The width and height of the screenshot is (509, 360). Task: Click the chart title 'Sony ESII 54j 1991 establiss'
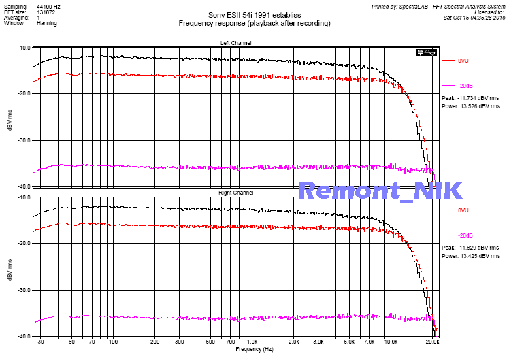coord(254,14)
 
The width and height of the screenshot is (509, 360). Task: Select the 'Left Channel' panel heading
coord(235,43)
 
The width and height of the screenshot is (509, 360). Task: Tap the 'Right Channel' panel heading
coord(235,193)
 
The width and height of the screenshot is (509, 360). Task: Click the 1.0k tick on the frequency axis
coord(251,341)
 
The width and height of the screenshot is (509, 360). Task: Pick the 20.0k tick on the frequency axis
coord(432,341)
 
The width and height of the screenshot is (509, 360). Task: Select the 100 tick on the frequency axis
coord(113,341)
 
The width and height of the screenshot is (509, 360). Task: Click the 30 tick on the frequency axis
coord(41,341)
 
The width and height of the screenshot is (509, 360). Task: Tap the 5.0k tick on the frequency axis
coord(348,341)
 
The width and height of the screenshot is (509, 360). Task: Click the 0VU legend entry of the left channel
coord(463,61)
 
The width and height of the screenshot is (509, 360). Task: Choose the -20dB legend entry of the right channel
coord(465,235)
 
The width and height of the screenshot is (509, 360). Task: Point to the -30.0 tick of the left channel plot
coord(22,140)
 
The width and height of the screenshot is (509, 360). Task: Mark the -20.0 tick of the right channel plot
coord(22,243)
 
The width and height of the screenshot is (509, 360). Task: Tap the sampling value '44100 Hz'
coord(48,6)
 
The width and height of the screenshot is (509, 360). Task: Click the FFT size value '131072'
coord(46,12)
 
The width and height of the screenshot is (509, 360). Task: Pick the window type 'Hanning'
coord(47,23)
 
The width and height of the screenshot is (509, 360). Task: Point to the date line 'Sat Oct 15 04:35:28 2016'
coord(472,18)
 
